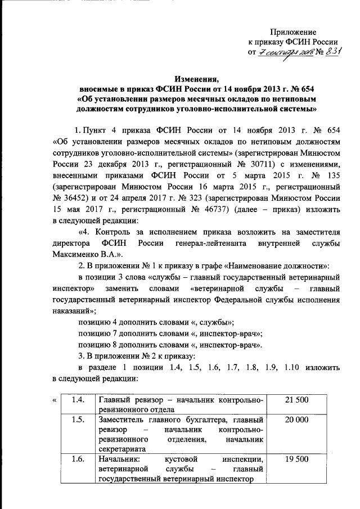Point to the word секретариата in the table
(x=122, y=449)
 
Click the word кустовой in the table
(x=181, y=460)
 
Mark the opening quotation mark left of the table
(x=53, y=400)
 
